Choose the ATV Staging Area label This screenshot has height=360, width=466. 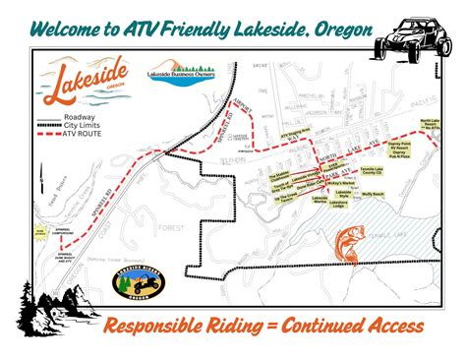point(298,131)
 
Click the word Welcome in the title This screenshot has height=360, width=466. point(64,30)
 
